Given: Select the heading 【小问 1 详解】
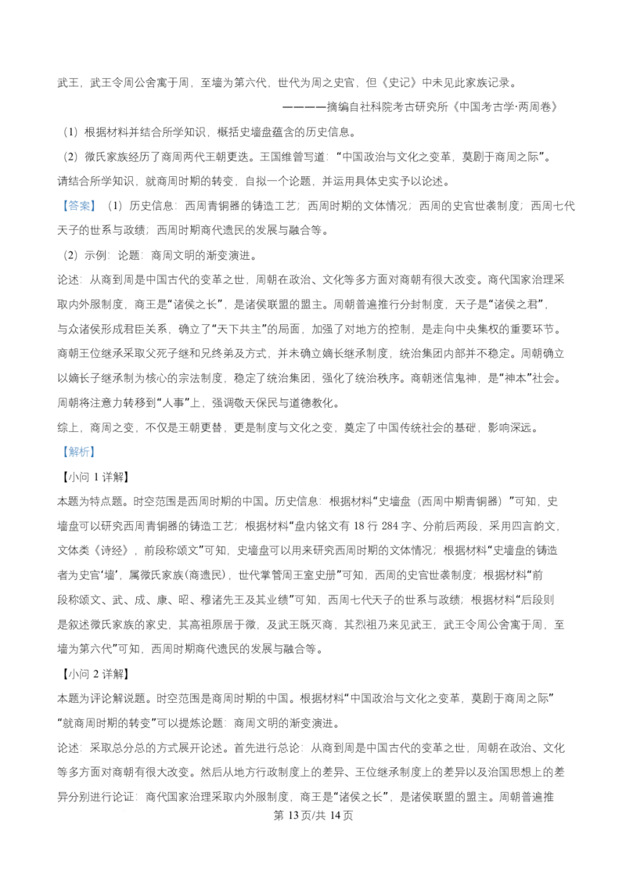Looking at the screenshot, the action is point(93,477).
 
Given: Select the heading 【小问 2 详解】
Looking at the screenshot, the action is point(93,674).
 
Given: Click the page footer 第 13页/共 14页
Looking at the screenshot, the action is point(313,816).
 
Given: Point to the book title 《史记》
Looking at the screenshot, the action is point(400,83).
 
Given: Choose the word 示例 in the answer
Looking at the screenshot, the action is point(95,255).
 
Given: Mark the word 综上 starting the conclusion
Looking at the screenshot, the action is point(68,428).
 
